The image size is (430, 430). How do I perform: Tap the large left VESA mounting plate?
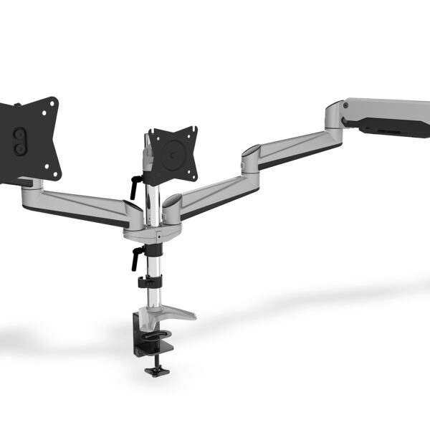tap(29, 140)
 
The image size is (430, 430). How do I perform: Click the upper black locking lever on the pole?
tap(135, 185)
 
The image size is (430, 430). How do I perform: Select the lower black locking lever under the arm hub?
tap(136, 257)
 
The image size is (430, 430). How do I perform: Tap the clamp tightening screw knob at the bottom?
tap(155, 371)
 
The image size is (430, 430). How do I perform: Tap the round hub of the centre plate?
tap(172, 153)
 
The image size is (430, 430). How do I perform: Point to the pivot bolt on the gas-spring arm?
tap(344, 105)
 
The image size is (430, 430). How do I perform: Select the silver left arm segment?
tap(79, 201)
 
